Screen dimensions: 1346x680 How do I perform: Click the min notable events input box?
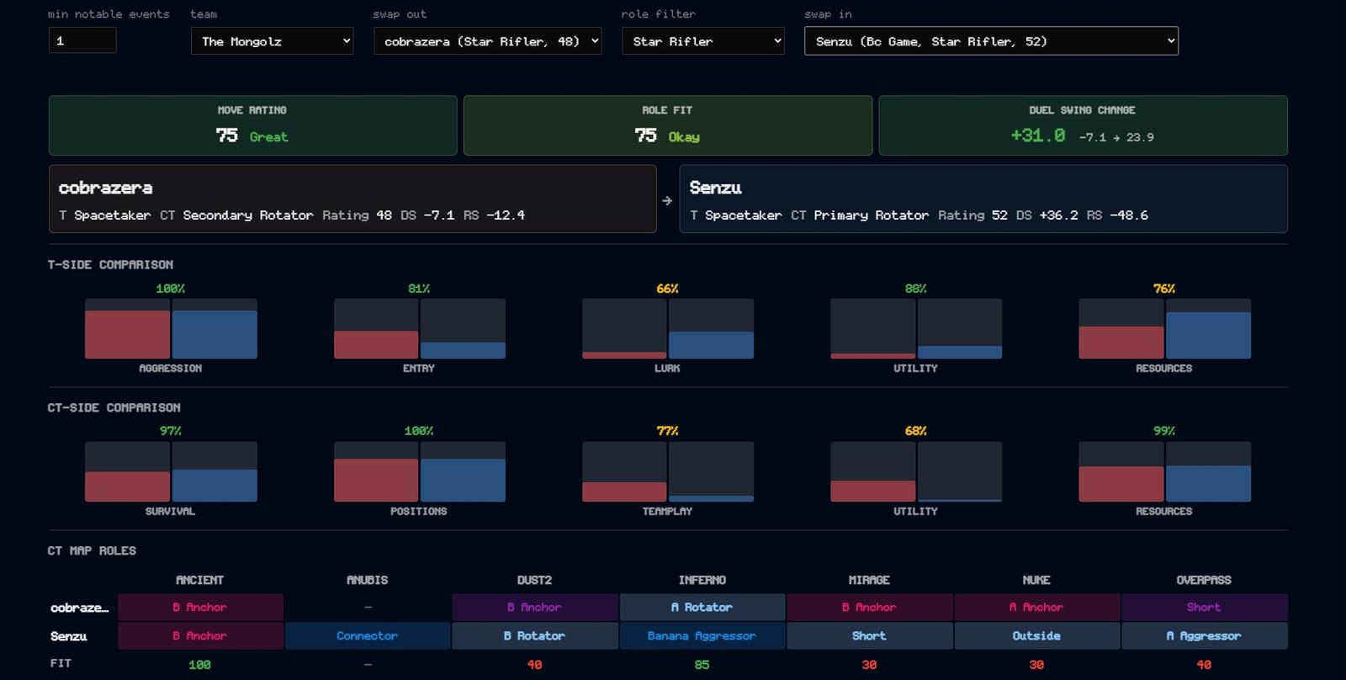pyautogui.click(x=82, y=41)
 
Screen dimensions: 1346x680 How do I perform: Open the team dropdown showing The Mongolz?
pyautogui.click(x=273, y=41)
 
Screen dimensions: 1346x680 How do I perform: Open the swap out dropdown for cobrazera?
pyautogui.click(x=487, y=41)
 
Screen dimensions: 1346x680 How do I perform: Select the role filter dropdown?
pyautogui.click(x=703, y=41)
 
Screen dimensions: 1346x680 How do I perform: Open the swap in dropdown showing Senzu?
pyautogui.click(x=992, y=41)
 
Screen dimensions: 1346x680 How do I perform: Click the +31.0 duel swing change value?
pyautogui.click(x=1038, y=135)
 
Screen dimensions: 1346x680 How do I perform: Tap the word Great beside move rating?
pyautogui.click(x=268, y=137)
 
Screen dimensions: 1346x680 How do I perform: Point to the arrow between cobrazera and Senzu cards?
pyautogui.click(x=667, y=201)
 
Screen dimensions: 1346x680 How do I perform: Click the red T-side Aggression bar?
pyautogui.click(x=127, y=334)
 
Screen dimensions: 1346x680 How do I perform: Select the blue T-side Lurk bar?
pyautogui.click(x=711, y=345)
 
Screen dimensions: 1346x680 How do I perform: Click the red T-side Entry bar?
pyautogui.click(x=376, y=344)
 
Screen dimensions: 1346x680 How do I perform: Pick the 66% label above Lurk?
pyautogui.click(x=667, y=289)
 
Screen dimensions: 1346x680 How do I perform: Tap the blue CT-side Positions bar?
pyautogui.click(x=463, y=480)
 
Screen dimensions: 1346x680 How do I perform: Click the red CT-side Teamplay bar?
pyautogui.click(x=624, y=491)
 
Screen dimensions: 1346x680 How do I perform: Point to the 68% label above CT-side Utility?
pyautogui.click(x=915, y=431)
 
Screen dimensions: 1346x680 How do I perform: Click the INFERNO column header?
pyautogui.click(x=702, y=580)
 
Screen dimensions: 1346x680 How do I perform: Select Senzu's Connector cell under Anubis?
pyautogui.click(x=367, y=635)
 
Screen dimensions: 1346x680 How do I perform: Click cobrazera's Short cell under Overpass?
pyautogui.click(x=1204, y=608)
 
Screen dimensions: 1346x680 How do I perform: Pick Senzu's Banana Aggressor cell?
pyautogui.click(x=702, y=635)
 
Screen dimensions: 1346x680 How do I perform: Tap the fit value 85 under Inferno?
pyautogui.click(x=702, y=664)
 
